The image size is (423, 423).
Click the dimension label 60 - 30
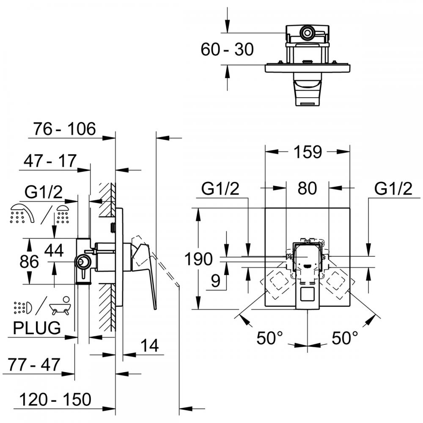[227, 49]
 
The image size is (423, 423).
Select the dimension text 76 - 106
[64, 129]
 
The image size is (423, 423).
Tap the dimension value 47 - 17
[50, 161]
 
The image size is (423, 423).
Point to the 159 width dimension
[308, 152]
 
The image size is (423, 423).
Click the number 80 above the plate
[307, 188]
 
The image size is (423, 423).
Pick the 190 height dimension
[198, 259]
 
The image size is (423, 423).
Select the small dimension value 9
[216, 281]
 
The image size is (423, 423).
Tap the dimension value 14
[150, 345]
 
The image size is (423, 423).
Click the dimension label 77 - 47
[34, 365]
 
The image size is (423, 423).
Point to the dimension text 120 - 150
[55, 400]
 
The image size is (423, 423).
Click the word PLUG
[37, 328]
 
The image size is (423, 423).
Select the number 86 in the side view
[29, 261]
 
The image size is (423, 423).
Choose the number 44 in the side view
[54, 250]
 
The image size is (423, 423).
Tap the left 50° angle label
[269, 338]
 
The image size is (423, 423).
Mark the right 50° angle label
[344, 338]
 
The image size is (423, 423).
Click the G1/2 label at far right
[393, 188]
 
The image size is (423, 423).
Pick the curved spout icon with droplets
[22, 214]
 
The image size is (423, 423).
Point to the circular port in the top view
[307, 33]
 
